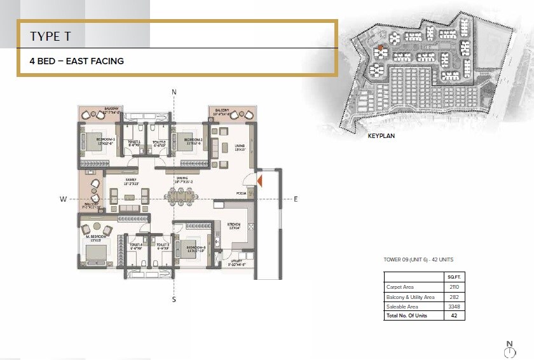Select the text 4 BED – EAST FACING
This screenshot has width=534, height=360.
pyautogui.click(x=76, y=61)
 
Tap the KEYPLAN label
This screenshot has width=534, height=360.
pyautogui.click(x=381, y=135)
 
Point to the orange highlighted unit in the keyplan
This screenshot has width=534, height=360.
pyautogui.click(x=380, y=48)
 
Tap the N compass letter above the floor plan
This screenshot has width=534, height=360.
pyautogui.click(x=174, y=92)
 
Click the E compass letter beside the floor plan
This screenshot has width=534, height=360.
pyautogui.click(x=295, y=199)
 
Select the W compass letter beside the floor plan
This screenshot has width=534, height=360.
pyautogui.click(x=64, y=199)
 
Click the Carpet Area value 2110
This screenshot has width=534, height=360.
pyautogui.click(x=453, y=287)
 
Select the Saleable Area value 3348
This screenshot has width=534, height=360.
pyautogui.click(x=453, y=306)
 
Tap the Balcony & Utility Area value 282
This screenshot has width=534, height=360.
pyautogui.click(x=453, y=296)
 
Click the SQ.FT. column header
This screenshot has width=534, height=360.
pyautogui.click(x=453, y=277)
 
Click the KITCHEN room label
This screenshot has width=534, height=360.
pyautogui.click(x=233, y=224)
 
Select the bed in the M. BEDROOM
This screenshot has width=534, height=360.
pyautogui.click(x=96, y=253)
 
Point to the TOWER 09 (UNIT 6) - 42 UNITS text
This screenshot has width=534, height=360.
pyautogui.click(x=418, y=260)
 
